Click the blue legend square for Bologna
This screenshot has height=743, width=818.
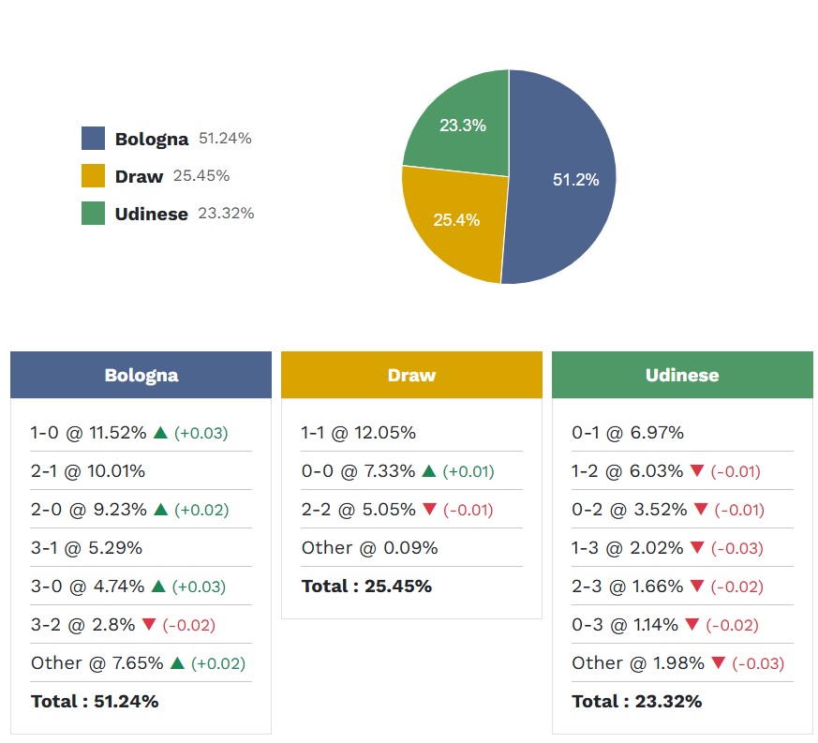(93, 139)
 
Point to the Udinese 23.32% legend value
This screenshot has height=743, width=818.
(226, 214)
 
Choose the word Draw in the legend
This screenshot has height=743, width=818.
(139, 176)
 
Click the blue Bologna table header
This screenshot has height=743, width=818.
(141, 375)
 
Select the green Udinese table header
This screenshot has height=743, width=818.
(682, 375)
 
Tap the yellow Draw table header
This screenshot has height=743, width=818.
(411, 375)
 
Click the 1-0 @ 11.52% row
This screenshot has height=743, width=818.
(88, 433)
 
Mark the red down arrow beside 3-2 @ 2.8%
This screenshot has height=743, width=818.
(149, 625)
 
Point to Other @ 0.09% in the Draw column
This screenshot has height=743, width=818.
(369, 548)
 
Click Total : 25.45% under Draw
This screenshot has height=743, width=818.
(366, 587)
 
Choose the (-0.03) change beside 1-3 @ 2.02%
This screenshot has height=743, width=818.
(738, 548)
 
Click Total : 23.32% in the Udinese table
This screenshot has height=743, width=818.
(636, 702)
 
